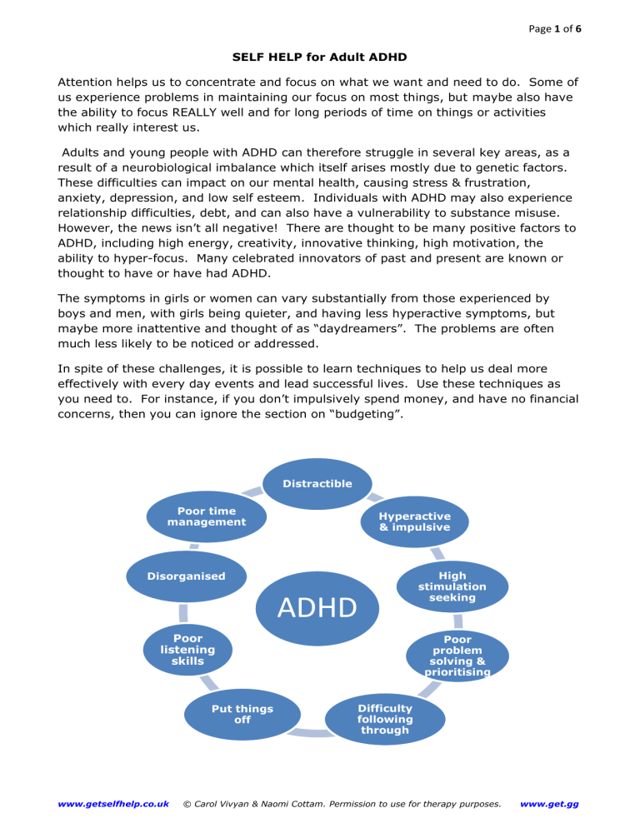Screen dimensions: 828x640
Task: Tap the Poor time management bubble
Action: click(x=207, y=516)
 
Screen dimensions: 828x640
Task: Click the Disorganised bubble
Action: click(x=187, y=575)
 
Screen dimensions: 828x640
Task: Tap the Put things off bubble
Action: click(x=242, y=715)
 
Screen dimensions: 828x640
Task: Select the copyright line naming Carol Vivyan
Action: click(x=342, y=803)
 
